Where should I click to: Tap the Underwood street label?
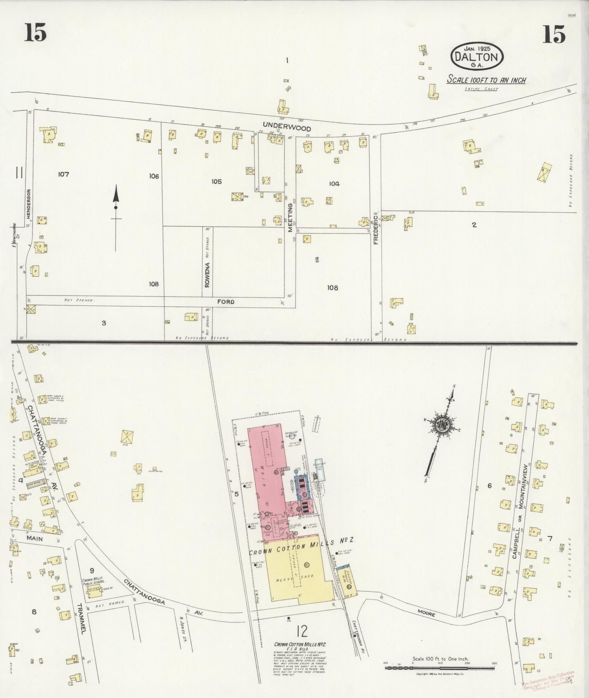pos(287,128)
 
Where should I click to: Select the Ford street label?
pos(225,302)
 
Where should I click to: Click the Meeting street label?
pos(290,218)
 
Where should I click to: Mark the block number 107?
pos(63,174)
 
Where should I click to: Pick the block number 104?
pos(334,184)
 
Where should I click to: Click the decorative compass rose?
pos(440,426)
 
